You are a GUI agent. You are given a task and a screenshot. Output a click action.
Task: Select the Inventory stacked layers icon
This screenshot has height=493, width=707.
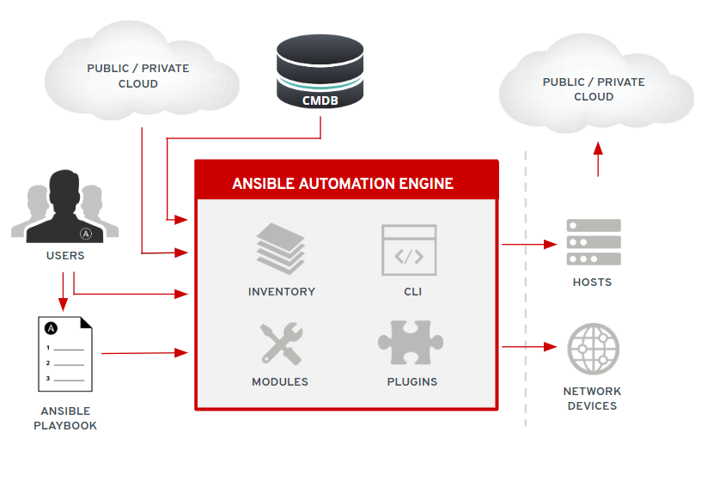[281, 248]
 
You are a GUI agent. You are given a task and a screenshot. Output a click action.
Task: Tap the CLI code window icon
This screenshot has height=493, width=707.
[409, 249]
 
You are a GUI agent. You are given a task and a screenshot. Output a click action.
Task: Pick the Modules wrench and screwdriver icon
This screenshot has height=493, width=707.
[280, 344]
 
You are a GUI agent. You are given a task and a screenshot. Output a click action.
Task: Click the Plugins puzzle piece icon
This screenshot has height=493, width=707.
[411, 343]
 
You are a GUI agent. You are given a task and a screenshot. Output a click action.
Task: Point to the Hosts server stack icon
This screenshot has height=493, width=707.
[593, 242]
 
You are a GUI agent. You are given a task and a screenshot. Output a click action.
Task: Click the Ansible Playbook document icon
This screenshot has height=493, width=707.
[65, 354]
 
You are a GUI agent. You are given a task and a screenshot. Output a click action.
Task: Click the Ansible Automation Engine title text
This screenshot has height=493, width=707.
[343, 184]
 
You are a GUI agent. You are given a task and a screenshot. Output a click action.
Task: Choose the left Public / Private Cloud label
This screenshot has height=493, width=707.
[137, 76]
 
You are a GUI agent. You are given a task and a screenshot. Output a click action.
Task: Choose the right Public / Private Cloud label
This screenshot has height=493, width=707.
[594, 89]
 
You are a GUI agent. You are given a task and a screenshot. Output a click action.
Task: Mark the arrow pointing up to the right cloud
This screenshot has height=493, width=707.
[598, 159]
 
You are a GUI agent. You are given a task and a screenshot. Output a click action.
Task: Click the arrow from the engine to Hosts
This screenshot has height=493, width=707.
[529, 244]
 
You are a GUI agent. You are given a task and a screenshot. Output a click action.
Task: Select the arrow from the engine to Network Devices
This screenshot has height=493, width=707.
[529, 347]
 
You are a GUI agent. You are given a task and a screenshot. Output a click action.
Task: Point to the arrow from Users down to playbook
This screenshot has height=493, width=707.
[62, 292]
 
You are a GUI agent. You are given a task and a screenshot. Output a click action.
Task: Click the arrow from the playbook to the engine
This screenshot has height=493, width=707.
[144, 352]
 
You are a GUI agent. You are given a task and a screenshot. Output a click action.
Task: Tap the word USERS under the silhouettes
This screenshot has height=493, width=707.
[65, 255]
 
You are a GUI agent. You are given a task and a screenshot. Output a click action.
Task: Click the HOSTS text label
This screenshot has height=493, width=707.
[592, 282]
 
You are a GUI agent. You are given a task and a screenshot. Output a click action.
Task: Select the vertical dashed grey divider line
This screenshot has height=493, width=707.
[526, 292]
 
